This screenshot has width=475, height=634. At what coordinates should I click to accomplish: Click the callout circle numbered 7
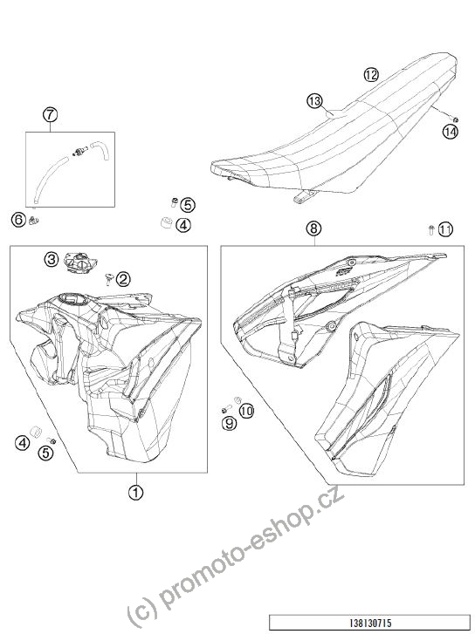click(50, 115)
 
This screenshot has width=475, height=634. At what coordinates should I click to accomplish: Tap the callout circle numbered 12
click(371, 75)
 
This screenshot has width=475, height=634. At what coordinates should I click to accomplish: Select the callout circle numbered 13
click(314, 100)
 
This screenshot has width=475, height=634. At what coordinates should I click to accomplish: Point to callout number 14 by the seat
click(450, 132)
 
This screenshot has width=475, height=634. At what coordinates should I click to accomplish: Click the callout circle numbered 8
click(313, 228)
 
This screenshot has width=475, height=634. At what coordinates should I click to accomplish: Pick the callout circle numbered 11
click(445, 230)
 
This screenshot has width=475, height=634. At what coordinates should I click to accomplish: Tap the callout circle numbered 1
click(136, 492)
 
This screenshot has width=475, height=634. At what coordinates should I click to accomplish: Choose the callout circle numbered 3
click(52, 259)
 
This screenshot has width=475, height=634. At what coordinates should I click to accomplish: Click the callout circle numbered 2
click(123, 278)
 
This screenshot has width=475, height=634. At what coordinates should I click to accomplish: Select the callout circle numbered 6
click(18, 221)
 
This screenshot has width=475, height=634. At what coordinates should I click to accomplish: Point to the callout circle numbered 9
click(229, 423)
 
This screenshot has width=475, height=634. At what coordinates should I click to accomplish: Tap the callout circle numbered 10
click(246, 412)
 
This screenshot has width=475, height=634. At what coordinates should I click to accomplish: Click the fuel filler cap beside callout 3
click(80, 263)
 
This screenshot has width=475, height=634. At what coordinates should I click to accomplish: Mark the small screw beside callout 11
click(431, 229)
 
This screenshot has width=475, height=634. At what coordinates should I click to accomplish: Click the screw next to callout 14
click(454, 119)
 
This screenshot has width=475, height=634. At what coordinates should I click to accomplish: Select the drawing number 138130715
click(370, 623)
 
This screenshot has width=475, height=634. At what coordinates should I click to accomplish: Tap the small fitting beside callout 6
click(33, 221)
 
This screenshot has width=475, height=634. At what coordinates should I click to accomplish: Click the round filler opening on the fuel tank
click(72, 300)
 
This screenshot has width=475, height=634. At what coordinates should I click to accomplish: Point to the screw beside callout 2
click(109, 278)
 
